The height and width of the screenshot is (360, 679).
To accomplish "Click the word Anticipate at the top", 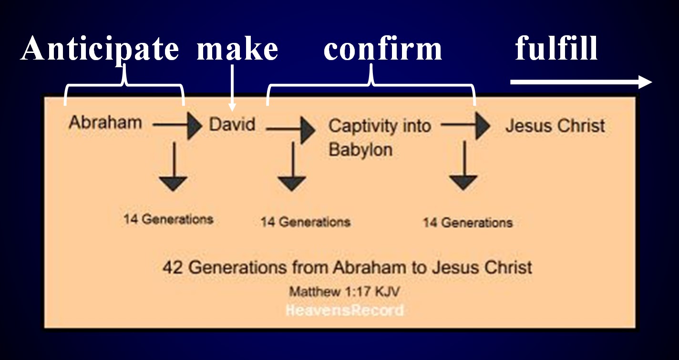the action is [100, 50].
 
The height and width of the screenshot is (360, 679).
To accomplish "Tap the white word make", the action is [237, 49].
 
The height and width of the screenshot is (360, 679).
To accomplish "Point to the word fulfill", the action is [556, 48].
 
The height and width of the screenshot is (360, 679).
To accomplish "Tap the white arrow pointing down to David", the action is [232, 88].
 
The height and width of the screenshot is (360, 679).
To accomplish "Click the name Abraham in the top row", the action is [105, 123].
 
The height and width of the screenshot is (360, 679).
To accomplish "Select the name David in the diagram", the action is [232, 124].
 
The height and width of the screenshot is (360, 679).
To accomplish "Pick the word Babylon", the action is [360, 150].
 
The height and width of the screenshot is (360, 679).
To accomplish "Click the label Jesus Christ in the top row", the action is [555, 125].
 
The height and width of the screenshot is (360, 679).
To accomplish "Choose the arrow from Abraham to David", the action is [177, 125].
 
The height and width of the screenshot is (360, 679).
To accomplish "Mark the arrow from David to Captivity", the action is [291, 130].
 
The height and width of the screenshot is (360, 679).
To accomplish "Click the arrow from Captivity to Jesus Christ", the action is [465, 125].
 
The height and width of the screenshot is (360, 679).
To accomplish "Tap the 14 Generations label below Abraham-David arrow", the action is [168, 219].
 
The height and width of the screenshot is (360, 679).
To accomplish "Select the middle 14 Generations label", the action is [306, 222].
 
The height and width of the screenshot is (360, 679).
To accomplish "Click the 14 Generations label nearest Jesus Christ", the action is [468, 222].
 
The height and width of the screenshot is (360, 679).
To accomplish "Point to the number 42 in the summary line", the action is [173, 267].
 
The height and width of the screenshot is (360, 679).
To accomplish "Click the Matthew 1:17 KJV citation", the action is [344, 292].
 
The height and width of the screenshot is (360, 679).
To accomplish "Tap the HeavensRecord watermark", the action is [345, 310].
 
